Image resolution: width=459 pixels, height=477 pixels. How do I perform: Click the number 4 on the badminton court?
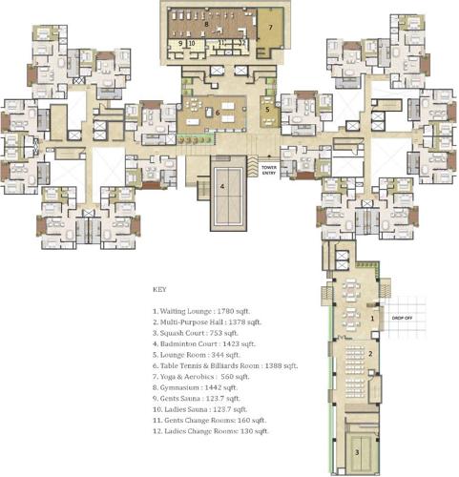[222, 186]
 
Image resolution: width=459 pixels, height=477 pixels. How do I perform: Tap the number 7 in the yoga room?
[271, 29]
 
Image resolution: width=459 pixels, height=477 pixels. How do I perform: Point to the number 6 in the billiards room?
[218, 112]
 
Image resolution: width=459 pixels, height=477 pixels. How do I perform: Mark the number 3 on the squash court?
[357, 453]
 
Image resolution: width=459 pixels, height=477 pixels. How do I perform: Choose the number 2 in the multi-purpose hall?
[370, 354]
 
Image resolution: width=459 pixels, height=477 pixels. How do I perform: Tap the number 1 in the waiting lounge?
[371, 316]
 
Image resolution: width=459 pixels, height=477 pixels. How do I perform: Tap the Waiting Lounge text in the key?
[186, 310]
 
